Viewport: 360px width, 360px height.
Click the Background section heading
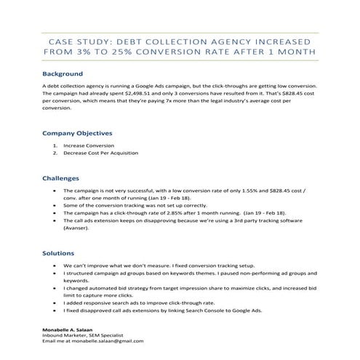coord(62,74)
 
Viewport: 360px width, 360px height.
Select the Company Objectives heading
coord(77,134)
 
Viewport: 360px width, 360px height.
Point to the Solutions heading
coord(58,253)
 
